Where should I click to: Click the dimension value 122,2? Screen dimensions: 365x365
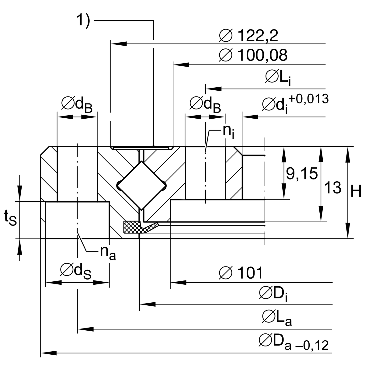point(257,36)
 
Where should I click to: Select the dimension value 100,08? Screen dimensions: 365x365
point(262,55)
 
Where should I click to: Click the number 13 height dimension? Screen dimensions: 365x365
point(333,187)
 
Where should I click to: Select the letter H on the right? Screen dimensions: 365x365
point(356,192)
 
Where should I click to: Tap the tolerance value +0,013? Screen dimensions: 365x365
point(309,99)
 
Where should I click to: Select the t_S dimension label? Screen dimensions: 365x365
point(10,218)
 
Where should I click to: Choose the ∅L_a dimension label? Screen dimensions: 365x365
point(277,318)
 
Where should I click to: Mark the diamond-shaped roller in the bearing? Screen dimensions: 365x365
point(141,186)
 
